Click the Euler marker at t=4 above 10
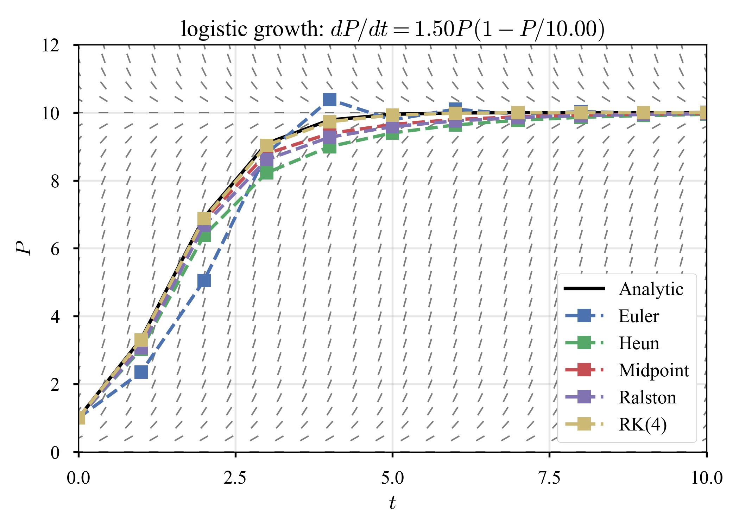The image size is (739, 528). coord(329,100)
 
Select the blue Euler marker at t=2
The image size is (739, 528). coord(204,281)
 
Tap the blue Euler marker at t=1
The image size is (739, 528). coord(141,372)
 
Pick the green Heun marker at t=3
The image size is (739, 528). coord(267,172)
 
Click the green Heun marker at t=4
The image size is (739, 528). coord(329,148)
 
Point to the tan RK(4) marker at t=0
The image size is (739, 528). coord(81,418)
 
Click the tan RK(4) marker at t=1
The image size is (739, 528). coord(141,340)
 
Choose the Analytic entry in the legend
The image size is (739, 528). coord(651,289)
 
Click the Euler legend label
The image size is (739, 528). coord(638,316)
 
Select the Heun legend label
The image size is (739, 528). coord(639,343)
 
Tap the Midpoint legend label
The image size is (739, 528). coord(653,370)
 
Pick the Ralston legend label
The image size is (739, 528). coord(647,397)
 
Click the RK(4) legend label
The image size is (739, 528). coord(643,425)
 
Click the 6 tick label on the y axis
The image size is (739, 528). coord(55,249)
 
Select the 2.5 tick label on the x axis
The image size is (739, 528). coord(235,478)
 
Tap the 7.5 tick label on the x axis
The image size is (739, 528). coord(549,478)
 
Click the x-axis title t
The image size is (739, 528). coord(392,503)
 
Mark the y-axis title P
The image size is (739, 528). coord(23,248)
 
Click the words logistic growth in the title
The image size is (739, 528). coord(252,29)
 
